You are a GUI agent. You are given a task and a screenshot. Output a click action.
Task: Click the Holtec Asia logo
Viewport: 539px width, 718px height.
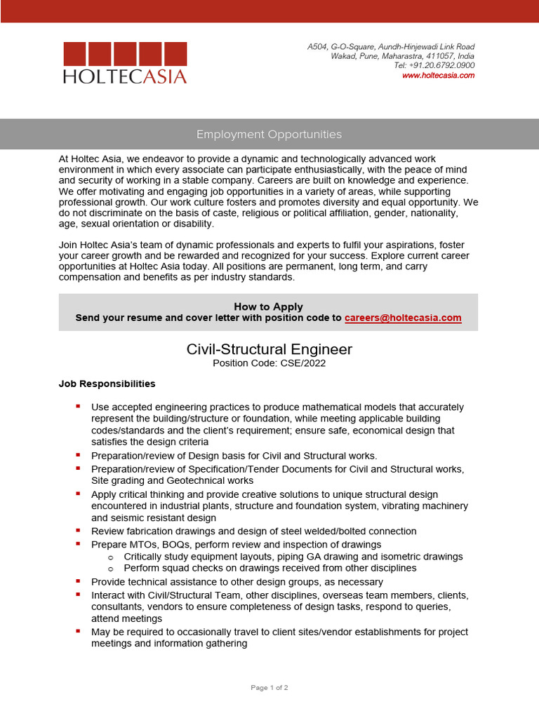coord(125,63)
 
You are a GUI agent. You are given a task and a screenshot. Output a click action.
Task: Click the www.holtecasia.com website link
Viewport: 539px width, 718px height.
coord(438,75)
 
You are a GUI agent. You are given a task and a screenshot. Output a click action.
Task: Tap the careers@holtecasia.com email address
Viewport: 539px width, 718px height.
coord(403,318)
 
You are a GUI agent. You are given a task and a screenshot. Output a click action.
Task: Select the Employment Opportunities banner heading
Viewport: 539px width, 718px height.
coord(269,134)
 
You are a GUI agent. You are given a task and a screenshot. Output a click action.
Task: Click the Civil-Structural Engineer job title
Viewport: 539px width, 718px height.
coord(269,349)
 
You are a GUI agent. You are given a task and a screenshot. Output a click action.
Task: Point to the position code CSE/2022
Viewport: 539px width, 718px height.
coord(303,363)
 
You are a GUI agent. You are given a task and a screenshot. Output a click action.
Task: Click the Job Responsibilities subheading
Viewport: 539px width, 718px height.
coord(107,384)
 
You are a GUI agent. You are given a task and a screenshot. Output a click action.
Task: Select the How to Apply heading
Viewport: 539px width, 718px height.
coord(268,306)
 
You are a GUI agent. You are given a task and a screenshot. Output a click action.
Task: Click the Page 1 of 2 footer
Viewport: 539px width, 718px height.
coord(269,688)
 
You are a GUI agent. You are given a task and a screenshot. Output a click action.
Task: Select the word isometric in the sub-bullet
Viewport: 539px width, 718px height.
coord(404,556)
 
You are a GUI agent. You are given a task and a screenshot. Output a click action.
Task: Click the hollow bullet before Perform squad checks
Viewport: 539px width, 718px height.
coord(110,568)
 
